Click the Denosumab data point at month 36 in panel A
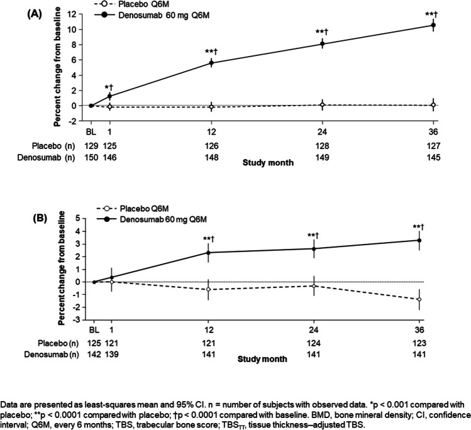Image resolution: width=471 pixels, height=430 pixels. (x=433, y=25)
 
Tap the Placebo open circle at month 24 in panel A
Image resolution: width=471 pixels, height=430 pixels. (x=322, y=105)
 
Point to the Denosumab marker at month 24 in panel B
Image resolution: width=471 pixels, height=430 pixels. (x=322, y=248)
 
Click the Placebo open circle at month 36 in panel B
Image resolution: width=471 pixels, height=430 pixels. (x=433, y=299)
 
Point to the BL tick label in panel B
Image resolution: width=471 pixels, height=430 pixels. (x=92, y=331)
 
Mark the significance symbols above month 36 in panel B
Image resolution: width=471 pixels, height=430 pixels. (x=433, y=226)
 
